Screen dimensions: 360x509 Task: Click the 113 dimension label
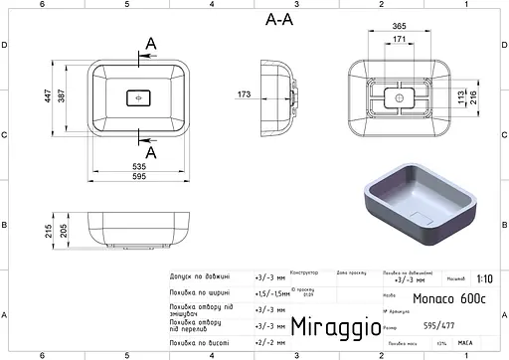click(459, 95)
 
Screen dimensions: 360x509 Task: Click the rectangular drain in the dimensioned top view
click(137, 98)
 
